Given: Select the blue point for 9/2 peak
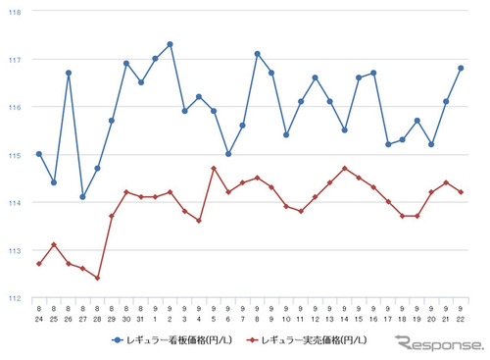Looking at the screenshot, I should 170,44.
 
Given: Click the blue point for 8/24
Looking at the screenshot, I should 38,154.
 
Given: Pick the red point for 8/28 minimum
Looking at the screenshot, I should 97,278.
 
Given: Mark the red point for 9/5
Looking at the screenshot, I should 214,169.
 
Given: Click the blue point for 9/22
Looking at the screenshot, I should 461,68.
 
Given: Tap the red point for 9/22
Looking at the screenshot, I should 461,192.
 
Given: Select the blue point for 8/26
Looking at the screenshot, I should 68,73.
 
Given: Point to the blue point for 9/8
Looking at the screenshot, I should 257,54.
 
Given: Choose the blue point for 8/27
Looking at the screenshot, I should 82,197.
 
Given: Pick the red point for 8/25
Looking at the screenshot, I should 53,245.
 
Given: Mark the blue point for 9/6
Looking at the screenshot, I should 227,154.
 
